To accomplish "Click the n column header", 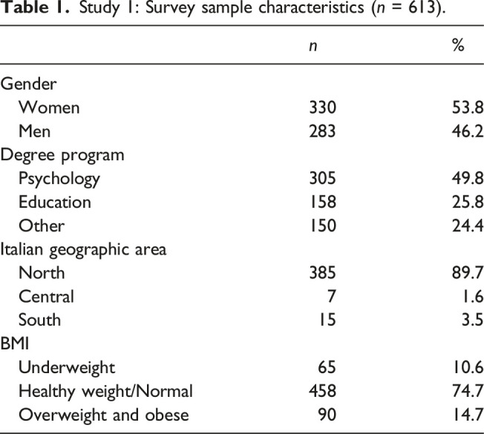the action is click(313, 46).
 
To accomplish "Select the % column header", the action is click(458, 45).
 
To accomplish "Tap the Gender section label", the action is click(28, 85).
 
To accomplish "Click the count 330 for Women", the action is click(322, 108).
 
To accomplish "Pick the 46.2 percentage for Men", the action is click(468, 131).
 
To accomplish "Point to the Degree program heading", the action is click(62, 156).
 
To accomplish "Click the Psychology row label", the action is click(59, 180).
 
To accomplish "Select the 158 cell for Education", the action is click(323, 202).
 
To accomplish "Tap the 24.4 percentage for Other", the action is click(468, 226).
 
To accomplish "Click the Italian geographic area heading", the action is click(83, 250).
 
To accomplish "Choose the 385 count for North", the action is click(322, 273).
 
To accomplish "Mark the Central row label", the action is click(46, 297).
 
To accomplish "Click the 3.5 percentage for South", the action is click(472, 320).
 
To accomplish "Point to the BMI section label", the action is click(15, 343).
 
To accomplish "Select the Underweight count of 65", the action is click(327, 367).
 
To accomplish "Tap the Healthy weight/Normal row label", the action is click(106, 392).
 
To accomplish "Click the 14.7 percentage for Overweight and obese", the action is click(468, 415).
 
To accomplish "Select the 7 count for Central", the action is click(331, 297).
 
